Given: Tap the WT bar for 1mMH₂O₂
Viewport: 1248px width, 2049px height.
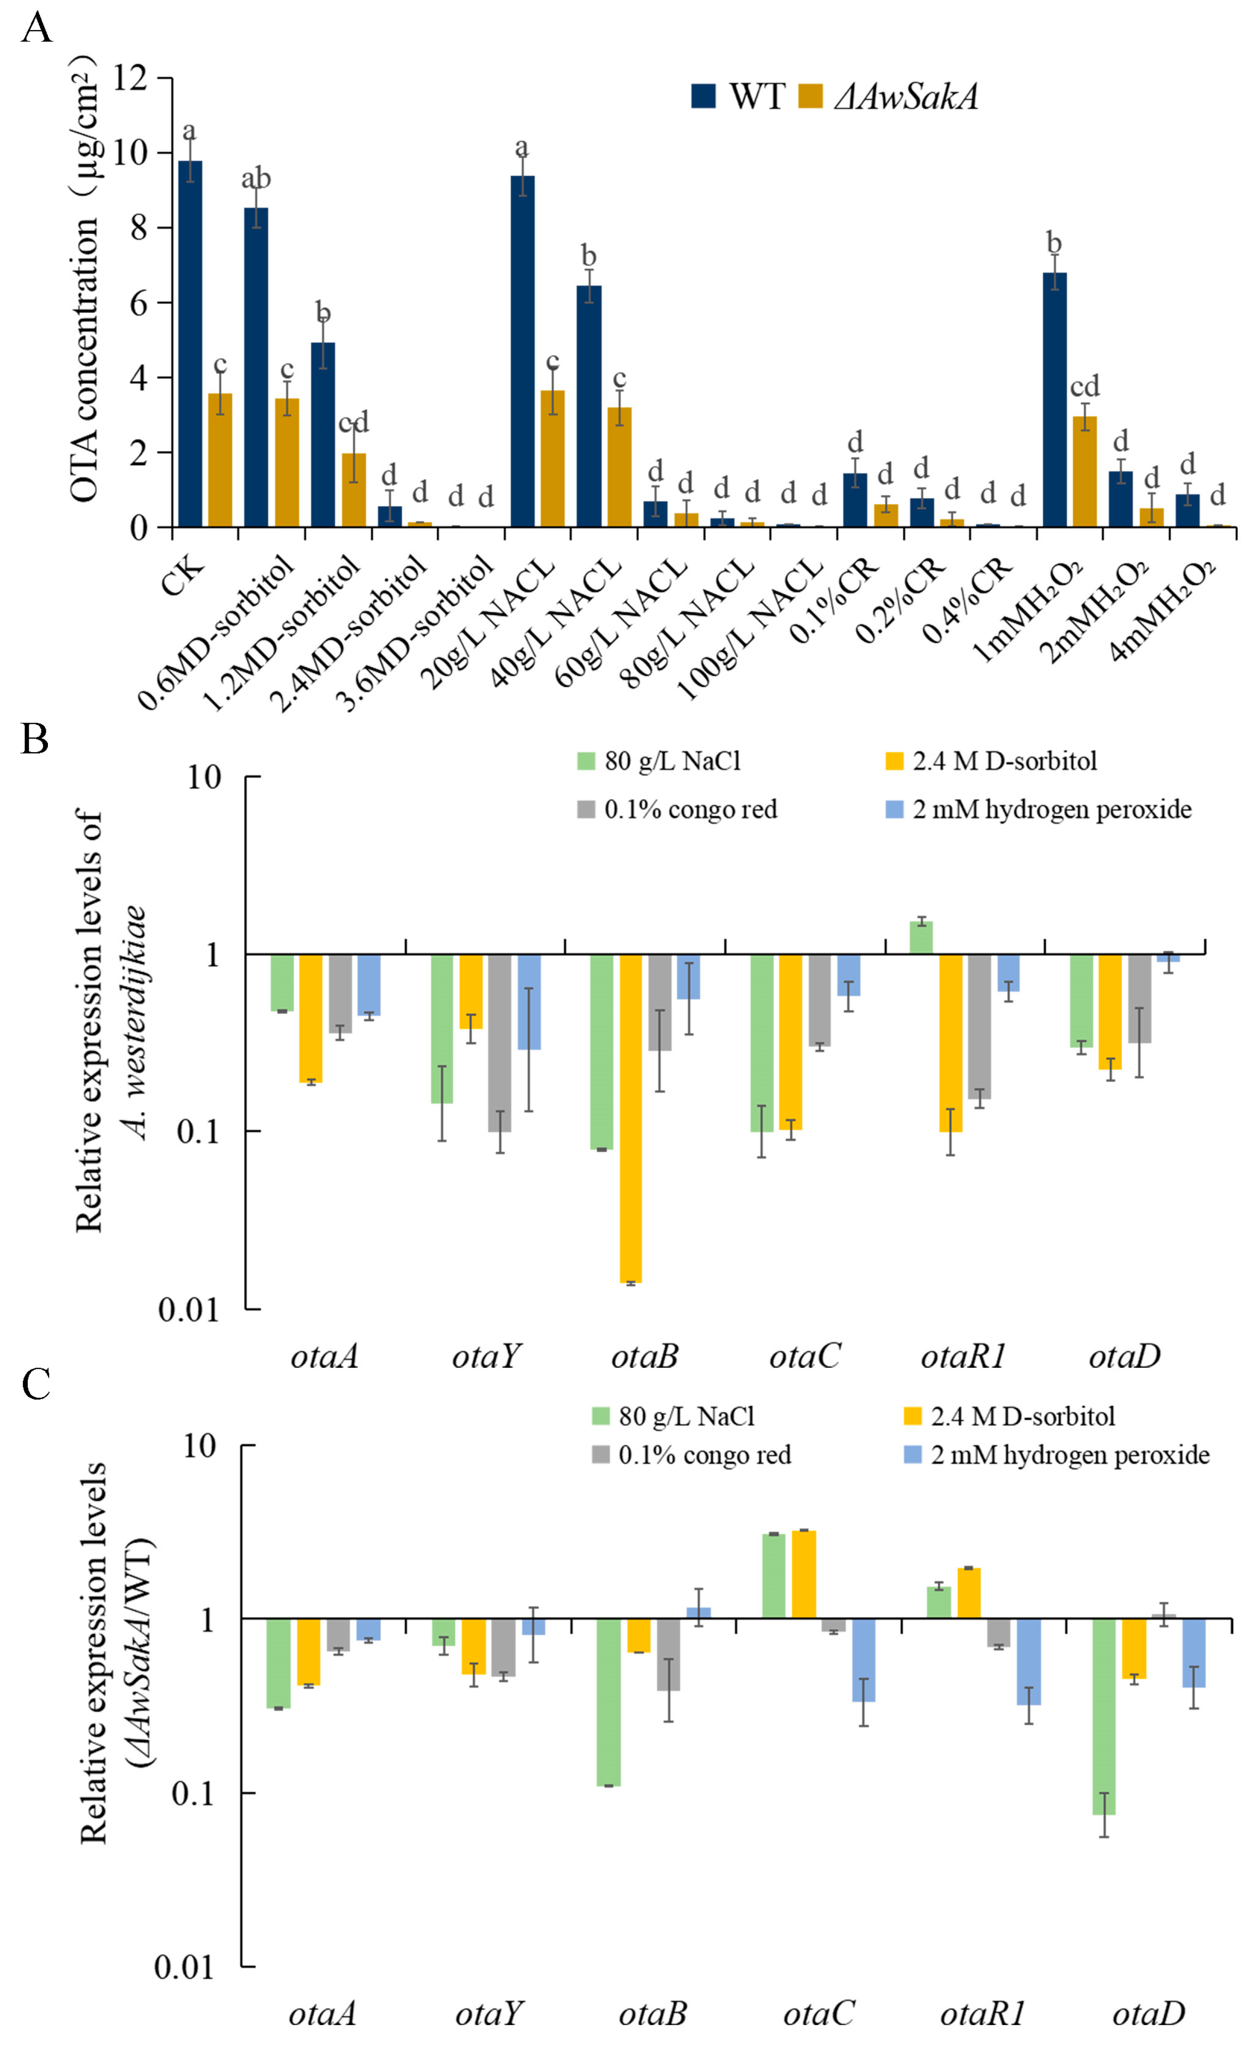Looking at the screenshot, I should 1054,399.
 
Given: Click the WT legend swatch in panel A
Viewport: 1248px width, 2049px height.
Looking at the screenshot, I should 703,96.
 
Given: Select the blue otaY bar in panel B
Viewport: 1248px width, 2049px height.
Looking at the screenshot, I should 529,1001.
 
